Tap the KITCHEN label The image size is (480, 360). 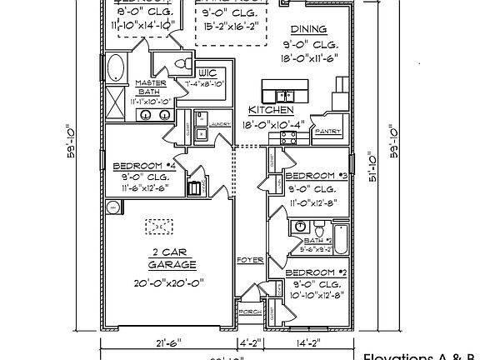coord(271,109)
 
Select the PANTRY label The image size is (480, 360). coord(329,131)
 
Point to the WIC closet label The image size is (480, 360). coord(207,73)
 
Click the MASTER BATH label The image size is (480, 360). coord(152,87)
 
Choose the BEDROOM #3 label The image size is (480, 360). coord(316,176)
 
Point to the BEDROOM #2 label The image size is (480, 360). coord(316,272)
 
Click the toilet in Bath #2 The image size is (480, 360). coord(317,227)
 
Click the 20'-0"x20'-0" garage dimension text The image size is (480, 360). coord(172,282)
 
